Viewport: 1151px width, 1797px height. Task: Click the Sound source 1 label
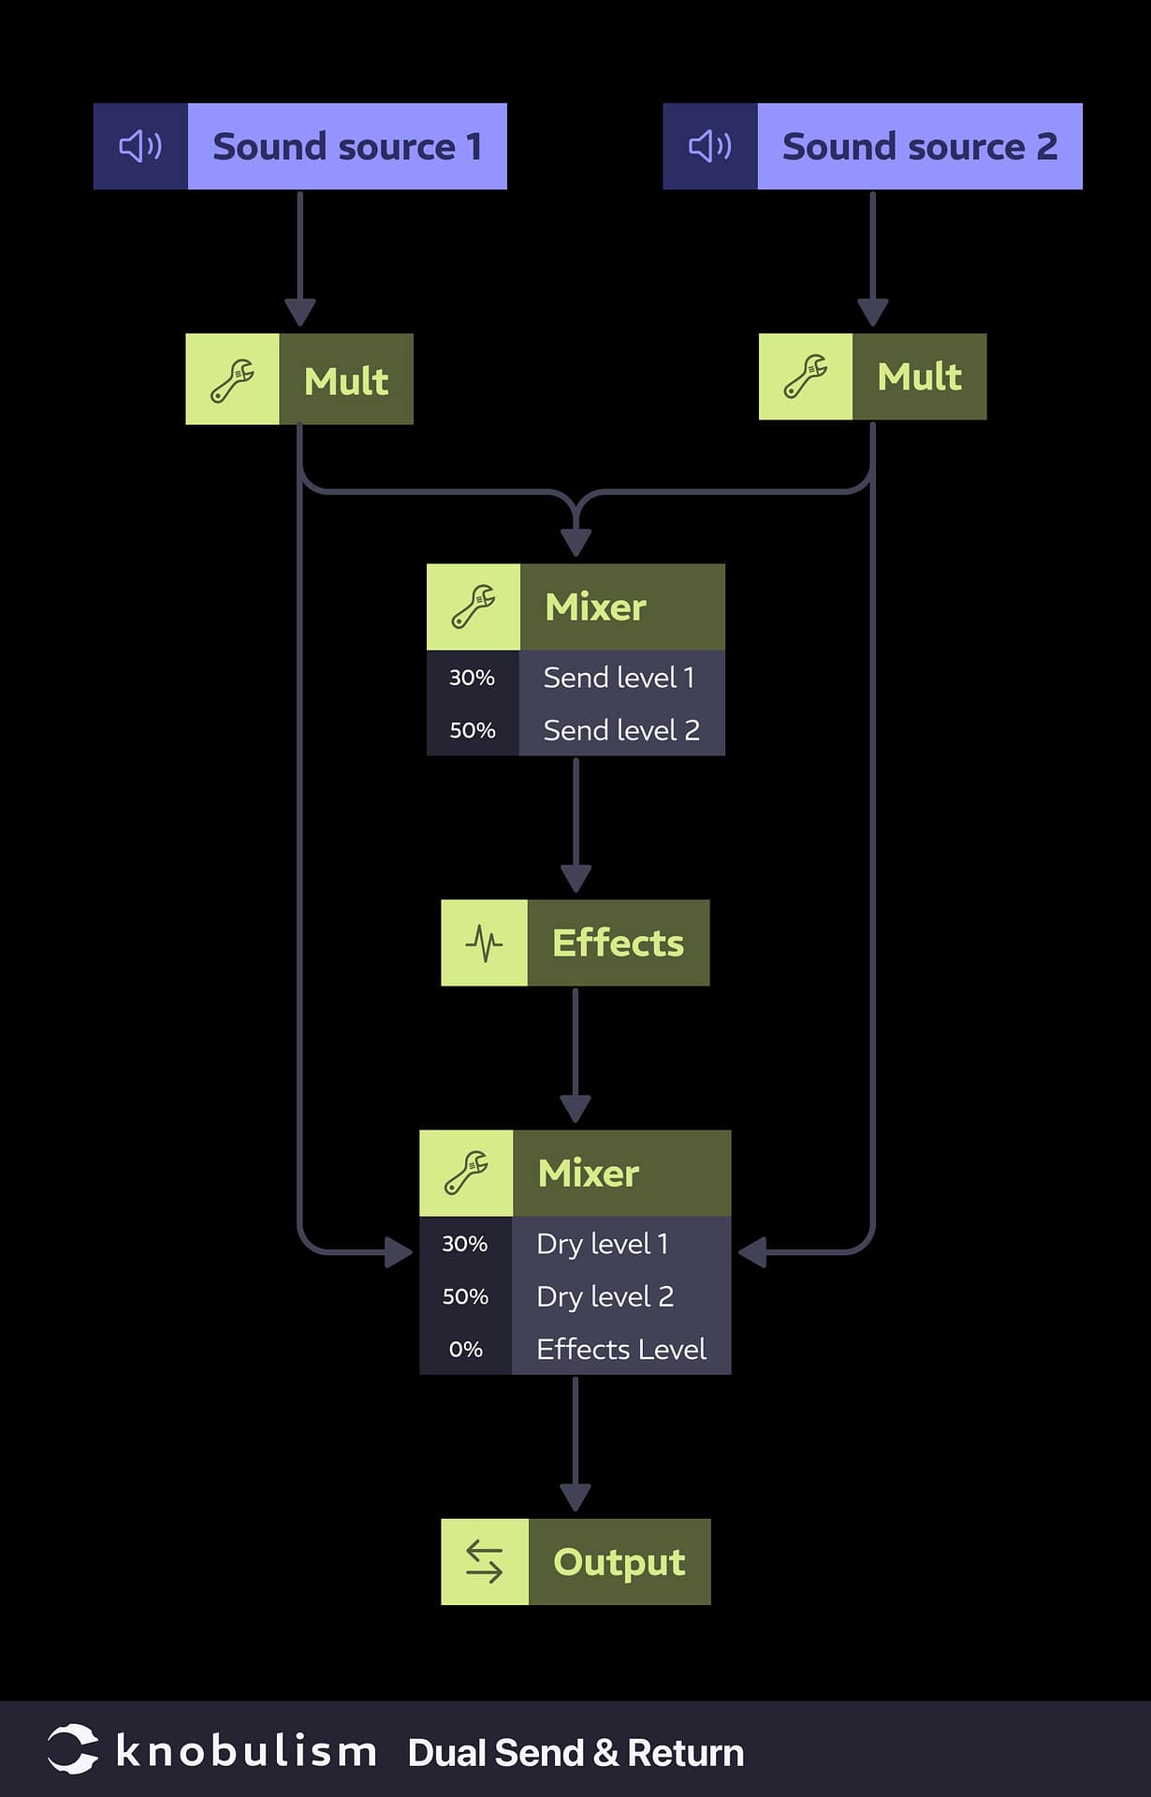(347, 147)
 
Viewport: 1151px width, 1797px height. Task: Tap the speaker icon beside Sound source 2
(709, 147)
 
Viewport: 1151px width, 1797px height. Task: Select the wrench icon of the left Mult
(232, 380)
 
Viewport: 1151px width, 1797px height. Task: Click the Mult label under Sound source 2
(919, 377)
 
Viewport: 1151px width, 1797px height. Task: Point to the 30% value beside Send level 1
(472, 678)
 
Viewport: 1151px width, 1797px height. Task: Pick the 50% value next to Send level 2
(472, 730)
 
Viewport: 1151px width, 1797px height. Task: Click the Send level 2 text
(621, 730)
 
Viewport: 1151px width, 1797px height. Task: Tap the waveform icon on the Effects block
(484, 943)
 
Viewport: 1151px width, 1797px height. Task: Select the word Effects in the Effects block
(618, 943)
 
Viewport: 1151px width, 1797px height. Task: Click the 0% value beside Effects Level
(465, 1350)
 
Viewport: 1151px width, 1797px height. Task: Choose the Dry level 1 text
(603, 1244)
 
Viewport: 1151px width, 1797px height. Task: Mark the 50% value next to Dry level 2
(465, 1296)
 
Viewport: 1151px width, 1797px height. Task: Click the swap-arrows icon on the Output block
(484, 1562)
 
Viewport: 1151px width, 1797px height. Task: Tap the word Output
(619, 1562)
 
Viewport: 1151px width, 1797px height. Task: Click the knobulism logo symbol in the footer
(72, 1748)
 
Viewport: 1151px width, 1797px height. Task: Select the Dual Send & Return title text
(575, 1753)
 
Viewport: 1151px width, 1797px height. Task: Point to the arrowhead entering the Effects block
(575, 879)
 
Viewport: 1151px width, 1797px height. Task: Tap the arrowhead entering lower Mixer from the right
(752, 1252)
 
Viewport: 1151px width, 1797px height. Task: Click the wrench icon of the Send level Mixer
(474, 606)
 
